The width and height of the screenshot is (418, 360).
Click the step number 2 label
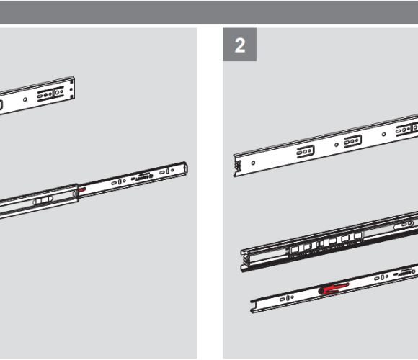(240, 45)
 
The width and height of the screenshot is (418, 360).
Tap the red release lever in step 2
(334, 289)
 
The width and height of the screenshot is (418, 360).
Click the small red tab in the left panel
(82, 190)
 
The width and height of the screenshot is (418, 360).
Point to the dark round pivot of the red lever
(321, 291)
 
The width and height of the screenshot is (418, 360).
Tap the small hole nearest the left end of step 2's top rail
(253, 163)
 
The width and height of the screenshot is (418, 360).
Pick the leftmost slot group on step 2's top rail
(306, 151)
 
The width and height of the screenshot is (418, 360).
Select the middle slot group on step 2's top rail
(352, 140)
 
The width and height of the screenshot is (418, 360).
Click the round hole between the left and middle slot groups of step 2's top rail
(337, 145)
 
